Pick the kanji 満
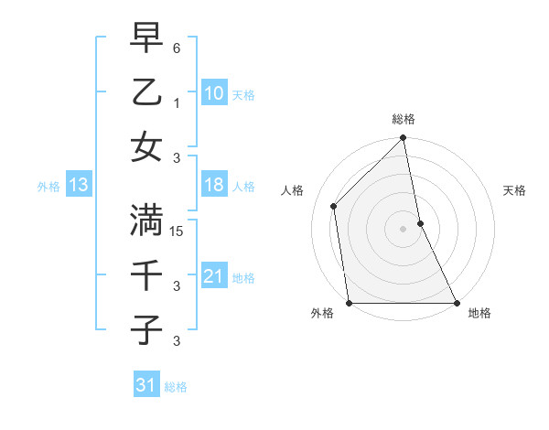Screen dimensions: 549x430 [x=147, y=220]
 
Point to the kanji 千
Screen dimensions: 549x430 [x=147, y=276]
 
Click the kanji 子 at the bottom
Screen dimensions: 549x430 [x=147, y=330]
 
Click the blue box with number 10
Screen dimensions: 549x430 [x=213, y=94]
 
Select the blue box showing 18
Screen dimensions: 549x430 [x=213, y=186]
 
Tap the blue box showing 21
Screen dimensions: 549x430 [x=213, y=276]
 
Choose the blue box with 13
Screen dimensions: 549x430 [x=78, y=186]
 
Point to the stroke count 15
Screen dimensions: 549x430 [x=178, y=231]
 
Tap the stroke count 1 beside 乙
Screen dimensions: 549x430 [x=177, y=102]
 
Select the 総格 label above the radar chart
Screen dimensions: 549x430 [x=404, y=120]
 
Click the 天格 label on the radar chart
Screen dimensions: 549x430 [x=514, y=190]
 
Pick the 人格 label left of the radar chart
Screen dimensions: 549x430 [x=293, y=190]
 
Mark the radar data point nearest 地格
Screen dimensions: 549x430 [x=456, y=303]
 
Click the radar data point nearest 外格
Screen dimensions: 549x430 [x=350, y=303]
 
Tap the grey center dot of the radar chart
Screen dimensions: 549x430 [x=403, y=229]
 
